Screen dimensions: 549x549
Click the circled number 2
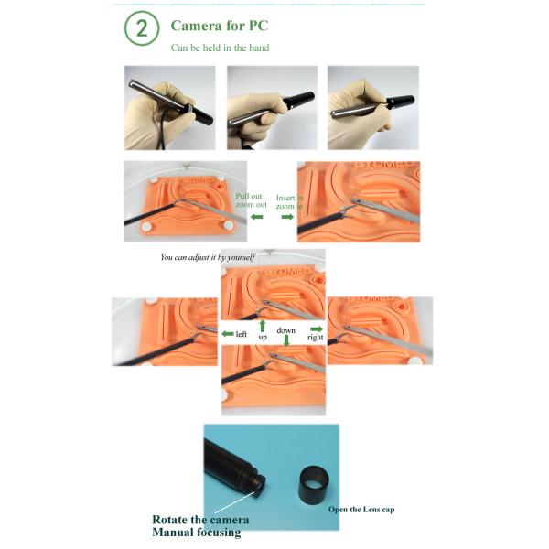[x=142, y=28]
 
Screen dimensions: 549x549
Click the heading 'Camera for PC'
[x=220, y=26]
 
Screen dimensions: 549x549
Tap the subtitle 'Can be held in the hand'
[x=220, y=48]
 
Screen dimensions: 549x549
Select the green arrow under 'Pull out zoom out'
[x=256, y=217]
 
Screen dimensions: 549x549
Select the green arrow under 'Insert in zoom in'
[x=287, y=217]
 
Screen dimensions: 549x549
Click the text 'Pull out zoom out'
[x=251, y=200]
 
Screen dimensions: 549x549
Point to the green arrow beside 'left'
[x=228, y=334]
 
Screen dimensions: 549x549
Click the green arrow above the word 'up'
[x=263, y=326]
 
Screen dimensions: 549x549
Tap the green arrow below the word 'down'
[x=286, y=340]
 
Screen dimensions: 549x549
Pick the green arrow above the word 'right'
[x=317, y=328]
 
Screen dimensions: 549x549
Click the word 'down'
[x=285, y=330]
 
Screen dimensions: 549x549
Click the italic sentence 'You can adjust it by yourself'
[x=208, y=258]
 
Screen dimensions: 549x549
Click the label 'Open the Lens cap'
[x=361, y=510]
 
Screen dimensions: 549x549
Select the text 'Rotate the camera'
[x=200, y=520]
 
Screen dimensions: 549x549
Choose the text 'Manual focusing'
[x=197, y=533]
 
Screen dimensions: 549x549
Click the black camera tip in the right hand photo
[x=402, y=102]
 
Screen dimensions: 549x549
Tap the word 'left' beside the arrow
[x=242, y=334]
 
